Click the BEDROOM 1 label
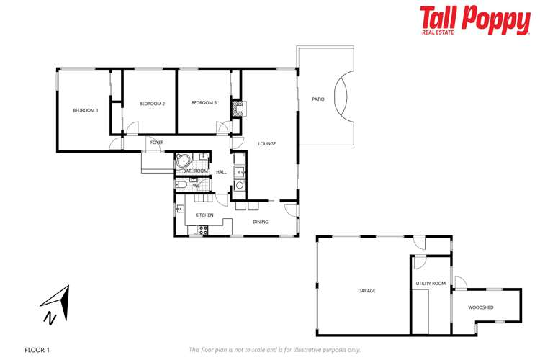click(x=86, y=110)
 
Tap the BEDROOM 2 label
click(x=152, y=104)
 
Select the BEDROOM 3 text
click(x=204, y=103)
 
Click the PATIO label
click(x=318, y=99)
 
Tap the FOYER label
click(x=157, y=143)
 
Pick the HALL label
click(x=221, y=171)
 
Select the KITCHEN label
click(x=204, y=215)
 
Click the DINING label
click(x=261, y=222)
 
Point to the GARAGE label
click(x=366, y=291)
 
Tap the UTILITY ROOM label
click(x=431, y=284)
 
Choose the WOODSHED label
click(x=480, y=307)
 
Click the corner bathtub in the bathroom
click(x=183, y=161)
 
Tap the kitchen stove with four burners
click(x=203, y=230)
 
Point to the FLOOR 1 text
click(x=37, y=350)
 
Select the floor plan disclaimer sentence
click(x=274, y=350)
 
